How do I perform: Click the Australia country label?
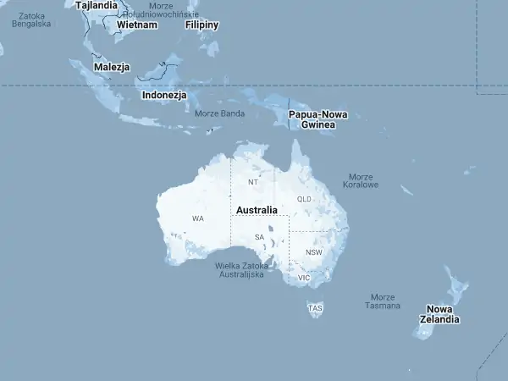257,210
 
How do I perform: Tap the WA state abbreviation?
197,218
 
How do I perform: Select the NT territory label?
252,182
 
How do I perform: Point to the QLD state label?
305,199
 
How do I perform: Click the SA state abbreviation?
259,237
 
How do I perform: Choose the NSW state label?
314,252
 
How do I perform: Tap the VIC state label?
305,278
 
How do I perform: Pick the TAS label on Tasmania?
316,307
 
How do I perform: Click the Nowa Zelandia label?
444,314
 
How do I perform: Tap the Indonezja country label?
164,95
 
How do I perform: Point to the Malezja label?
112,66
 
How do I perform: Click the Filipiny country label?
202,25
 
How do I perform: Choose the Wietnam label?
137,25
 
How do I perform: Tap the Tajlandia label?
97,5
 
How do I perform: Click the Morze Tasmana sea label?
383,301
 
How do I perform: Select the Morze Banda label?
219,113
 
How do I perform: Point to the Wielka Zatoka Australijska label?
242,270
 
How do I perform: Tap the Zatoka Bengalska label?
31,19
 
